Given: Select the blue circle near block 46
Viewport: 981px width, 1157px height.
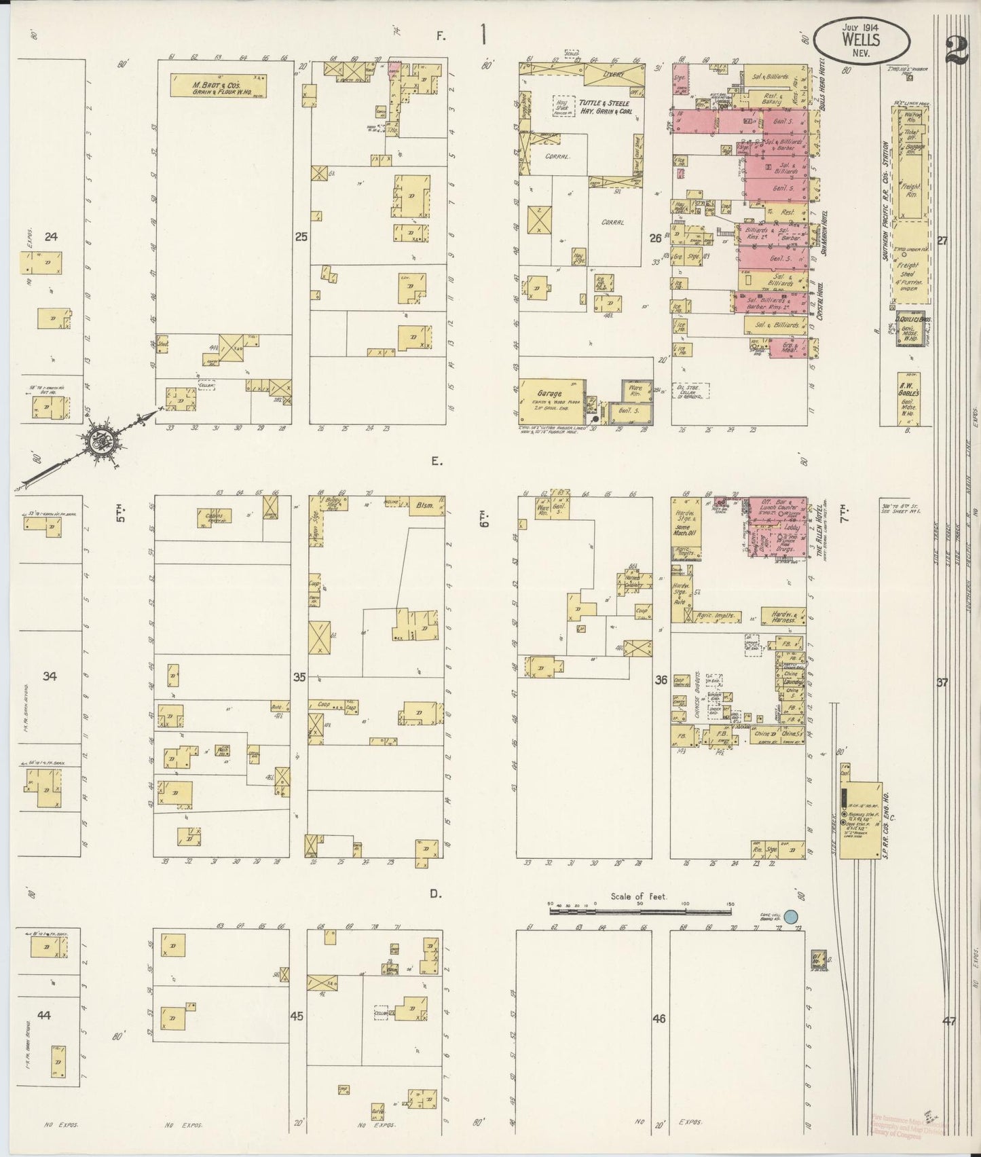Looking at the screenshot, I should (x=790, y=916).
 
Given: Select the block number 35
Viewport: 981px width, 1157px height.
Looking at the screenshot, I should (x=299, y=677).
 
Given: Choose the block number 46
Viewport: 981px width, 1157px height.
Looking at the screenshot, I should (x=659, y=1018).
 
